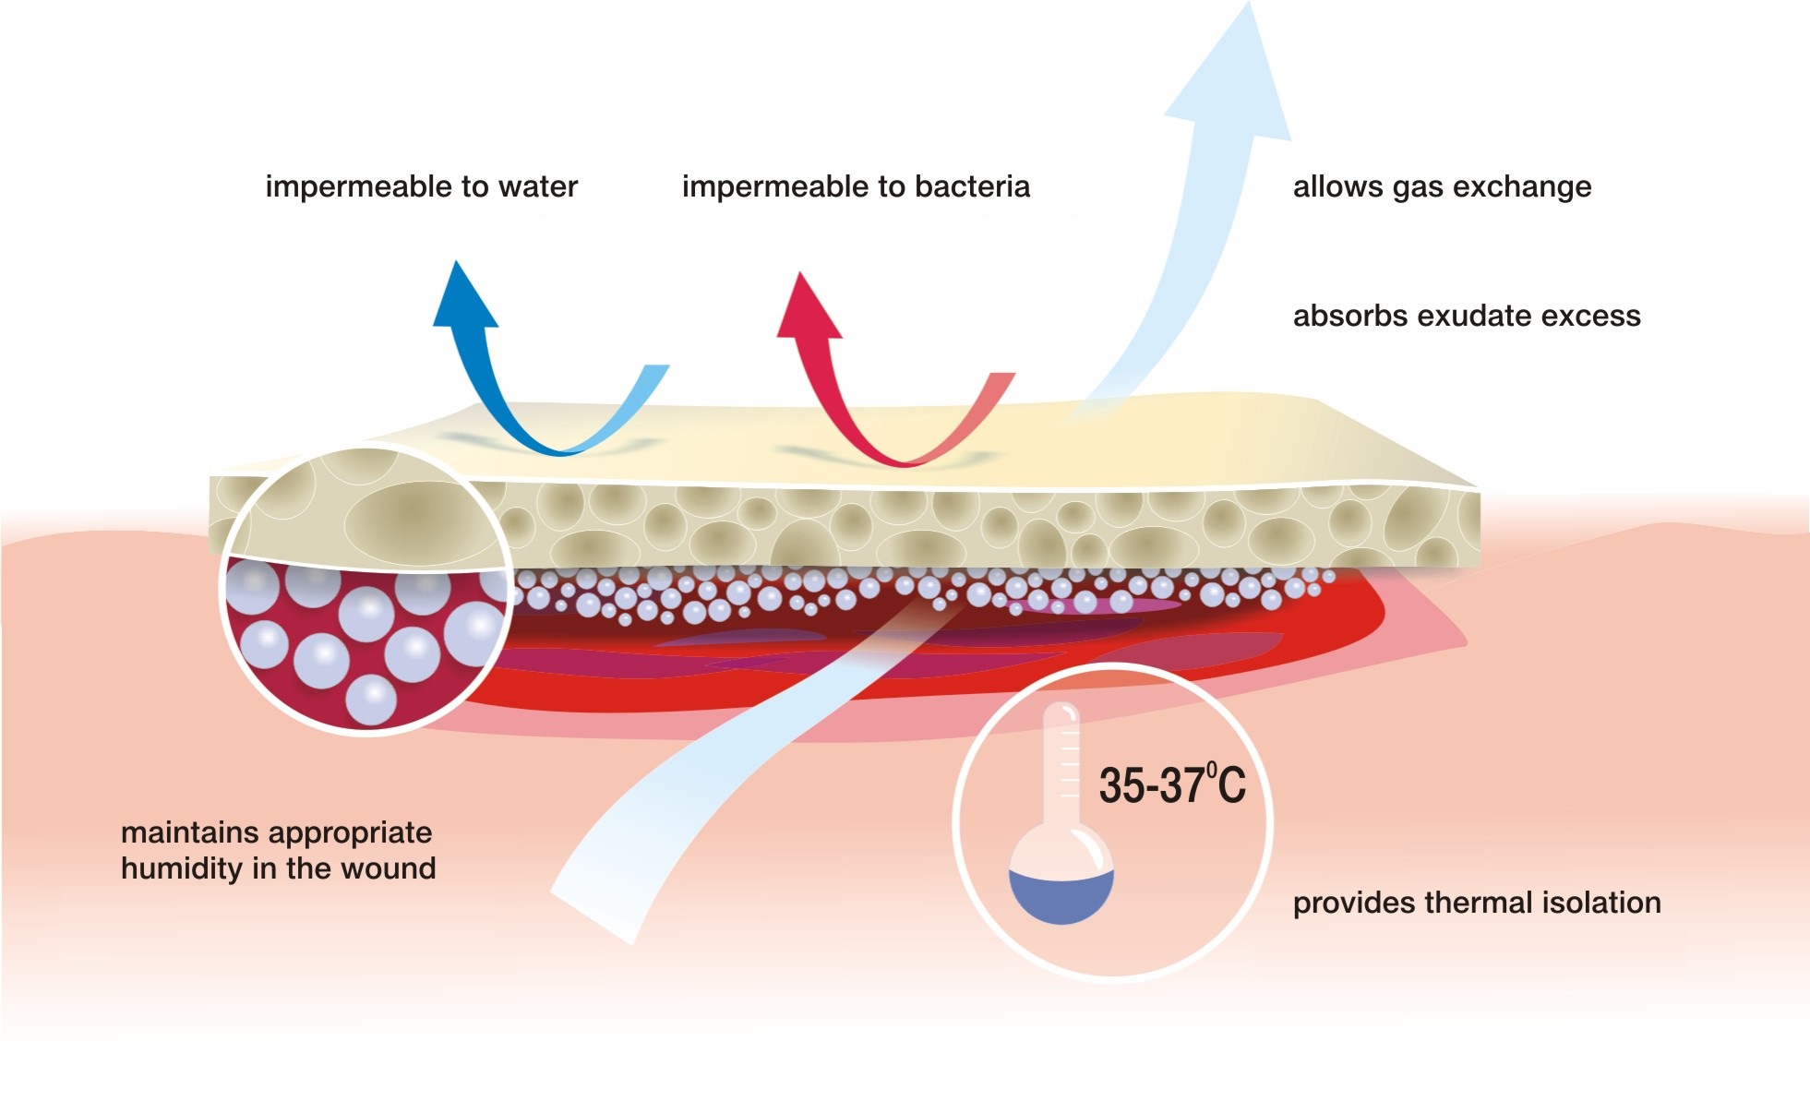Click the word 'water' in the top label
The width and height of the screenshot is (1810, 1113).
tap(538, 186)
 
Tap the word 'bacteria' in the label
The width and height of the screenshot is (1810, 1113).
tap(972, 186)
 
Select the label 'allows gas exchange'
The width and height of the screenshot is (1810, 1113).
tap(1442, 186)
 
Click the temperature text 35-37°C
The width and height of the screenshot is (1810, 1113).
tap(1171, 785)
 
